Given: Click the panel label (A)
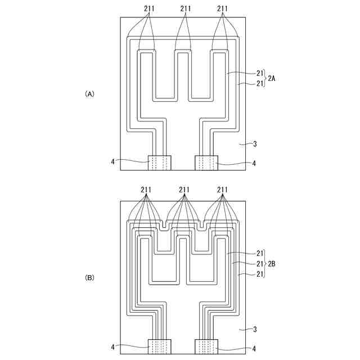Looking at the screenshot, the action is [89, 94].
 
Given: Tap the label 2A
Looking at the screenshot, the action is [272, 79].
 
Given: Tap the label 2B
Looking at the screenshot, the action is [272, 263].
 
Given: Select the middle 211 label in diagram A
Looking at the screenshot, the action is [186, 8].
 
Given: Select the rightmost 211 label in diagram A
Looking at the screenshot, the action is [222, 8].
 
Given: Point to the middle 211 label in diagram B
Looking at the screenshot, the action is [184, 190].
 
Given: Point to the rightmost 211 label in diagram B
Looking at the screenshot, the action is [222, 190].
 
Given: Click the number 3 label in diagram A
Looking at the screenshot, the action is [255, 145].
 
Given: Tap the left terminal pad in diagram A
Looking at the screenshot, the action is [160, 163].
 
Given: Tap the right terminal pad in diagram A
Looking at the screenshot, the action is [206, 163].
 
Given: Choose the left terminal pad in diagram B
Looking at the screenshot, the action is [160, 346].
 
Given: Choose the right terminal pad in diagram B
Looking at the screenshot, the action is [206, 346].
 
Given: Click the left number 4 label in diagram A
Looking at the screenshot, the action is [112, 162].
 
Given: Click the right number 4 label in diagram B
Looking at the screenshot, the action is [254, 348].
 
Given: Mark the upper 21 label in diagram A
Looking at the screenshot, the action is [259, 73].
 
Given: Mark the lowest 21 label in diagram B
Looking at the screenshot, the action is [259, 273].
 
